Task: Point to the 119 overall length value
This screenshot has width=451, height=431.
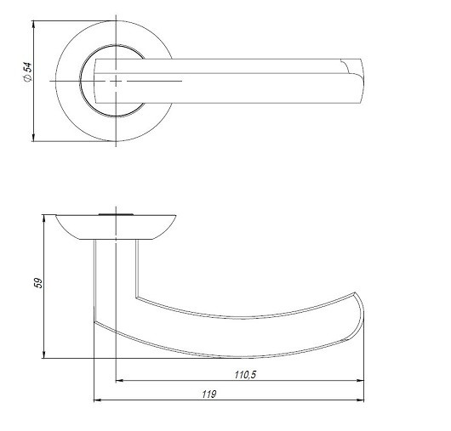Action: click(209, 393)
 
